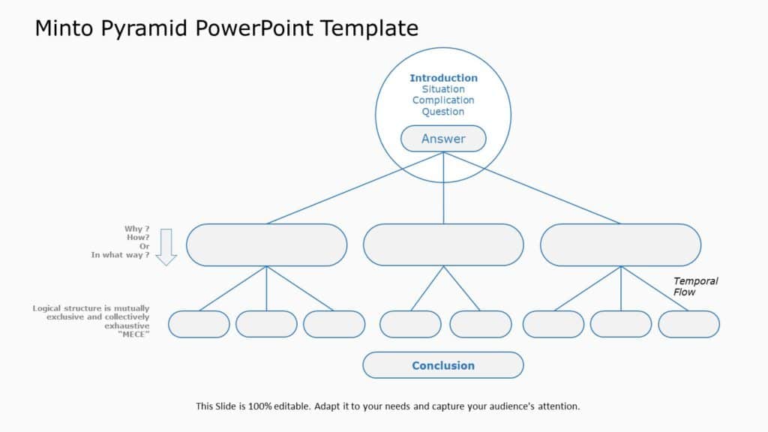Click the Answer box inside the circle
[443, 139]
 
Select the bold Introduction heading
[443, 78]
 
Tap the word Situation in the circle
[443, 89]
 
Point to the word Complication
[443, 100]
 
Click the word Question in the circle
[443, 112]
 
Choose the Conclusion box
[443, 365]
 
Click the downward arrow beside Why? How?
[166, 247]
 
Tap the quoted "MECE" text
[134, 334]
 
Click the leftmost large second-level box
[266, 244]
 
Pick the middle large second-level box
[443, 244]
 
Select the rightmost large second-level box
[620, 244]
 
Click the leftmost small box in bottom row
[199, 324]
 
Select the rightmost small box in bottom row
[688, 324]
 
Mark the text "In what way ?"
[120, 255]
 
